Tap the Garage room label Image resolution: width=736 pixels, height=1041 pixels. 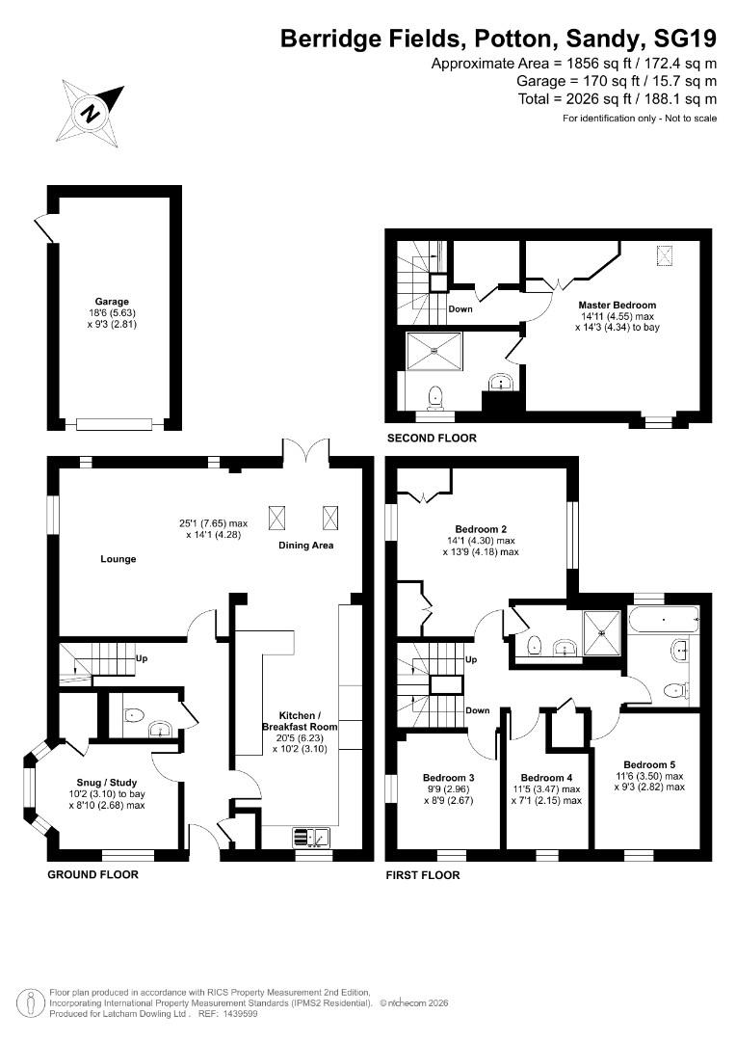(x=112, y=302)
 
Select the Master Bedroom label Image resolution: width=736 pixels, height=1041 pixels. (x=618, y=306)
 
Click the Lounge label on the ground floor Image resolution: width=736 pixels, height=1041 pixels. (x=118, y=559)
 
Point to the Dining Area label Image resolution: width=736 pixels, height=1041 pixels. (x=305, y=546)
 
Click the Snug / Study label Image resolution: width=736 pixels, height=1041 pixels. (x=106, y=782)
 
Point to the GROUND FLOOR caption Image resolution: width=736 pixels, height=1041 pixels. (x=92, y=875)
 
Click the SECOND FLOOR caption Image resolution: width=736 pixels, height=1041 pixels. (x=432, y=438)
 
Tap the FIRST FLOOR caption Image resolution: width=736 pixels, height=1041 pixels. (x=422, y=875)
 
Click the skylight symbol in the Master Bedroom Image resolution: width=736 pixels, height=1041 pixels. (x=666, y=254)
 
